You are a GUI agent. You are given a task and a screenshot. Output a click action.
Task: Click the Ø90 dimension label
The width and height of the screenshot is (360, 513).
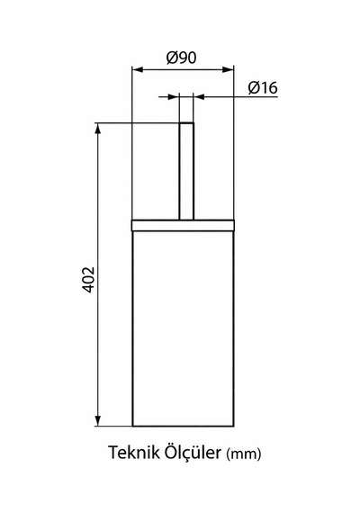coord(181,58)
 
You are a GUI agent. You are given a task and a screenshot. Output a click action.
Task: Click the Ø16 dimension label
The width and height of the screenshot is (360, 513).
coord(263,87)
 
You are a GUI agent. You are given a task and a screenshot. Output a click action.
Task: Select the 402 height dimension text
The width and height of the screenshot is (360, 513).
coord(88,280)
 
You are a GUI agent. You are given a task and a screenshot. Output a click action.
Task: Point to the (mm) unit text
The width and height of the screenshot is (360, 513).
coord(244,454)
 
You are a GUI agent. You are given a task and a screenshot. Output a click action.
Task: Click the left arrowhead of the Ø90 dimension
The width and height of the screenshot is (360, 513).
coord(138,69)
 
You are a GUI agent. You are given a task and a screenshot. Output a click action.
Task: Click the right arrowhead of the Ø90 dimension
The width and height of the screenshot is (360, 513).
coord(228,69)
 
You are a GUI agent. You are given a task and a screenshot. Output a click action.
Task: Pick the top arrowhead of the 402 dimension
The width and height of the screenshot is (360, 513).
coord(97,129)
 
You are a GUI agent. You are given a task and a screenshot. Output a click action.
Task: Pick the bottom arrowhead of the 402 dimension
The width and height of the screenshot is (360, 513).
coord(97,420)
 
